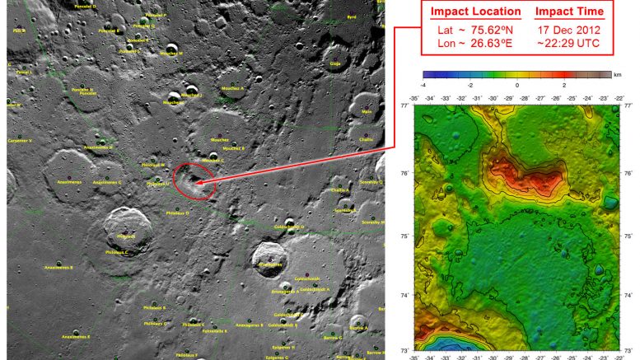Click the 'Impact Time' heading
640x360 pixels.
(569, 12)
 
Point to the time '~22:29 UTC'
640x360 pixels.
(569, 42)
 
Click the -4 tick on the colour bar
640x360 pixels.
(423, 85)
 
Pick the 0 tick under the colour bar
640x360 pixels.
(516, 85)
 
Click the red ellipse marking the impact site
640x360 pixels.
(194, 180)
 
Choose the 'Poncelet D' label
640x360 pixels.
(84, 6)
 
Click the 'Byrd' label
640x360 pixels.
(352, 16)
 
